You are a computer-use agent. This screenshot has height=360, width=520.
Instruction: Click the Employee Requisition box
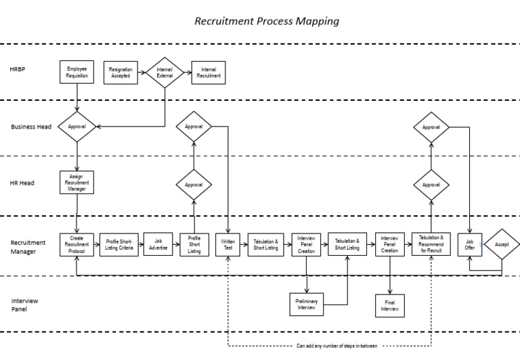[x=77, y=72]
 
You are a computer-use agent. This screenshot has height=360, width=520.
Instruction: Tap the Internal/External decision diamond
[x=165, y=72]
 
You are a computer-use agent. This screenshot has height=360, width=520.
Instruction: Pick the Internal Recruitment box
[x=209, y=72]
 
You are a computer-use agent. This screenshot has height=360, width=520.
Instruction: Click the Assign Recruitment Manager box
[x=77, y=183]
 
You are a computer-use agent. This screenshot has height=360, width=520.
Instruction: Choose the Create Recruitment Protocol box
[x=77, y=244]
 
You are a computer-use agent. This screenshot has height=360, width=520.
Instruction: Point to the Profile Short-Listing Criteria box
[x=119, y=244]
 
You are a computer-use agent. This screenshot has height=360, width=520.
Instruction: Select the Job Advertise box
[x=158, y=244]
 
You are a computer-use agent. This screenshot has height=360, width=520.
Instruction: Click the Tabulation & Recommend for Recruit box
[x=431, y=244]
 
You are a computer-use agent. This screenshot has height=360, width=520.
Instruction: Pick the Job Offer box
[x=470, y=244]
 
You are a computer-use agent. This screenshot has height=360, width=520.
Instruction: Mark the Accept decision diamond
[x=502, y=245]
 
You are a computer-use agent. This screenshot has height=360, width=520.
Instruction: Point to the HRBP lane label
[x=18, y=70]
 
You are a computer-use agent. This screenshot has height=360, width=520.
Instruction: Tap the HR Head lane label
[x=22, y=183]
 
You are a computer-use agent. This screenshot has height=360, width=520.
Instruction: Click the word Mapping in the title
[x=316, y=21]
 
